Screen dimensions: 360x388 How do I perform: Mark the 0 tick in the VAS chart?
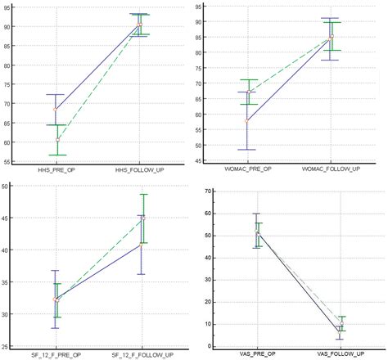coord(209,345)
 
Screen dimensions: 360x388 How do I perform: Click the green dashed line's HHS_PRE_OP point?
coord(57,140)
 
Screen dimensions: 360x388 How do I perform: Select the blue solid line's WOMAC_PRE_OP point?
coord(247,120)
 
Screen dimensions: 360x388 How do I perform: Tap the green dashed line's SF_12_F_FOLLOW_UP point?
coord(143,218)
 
